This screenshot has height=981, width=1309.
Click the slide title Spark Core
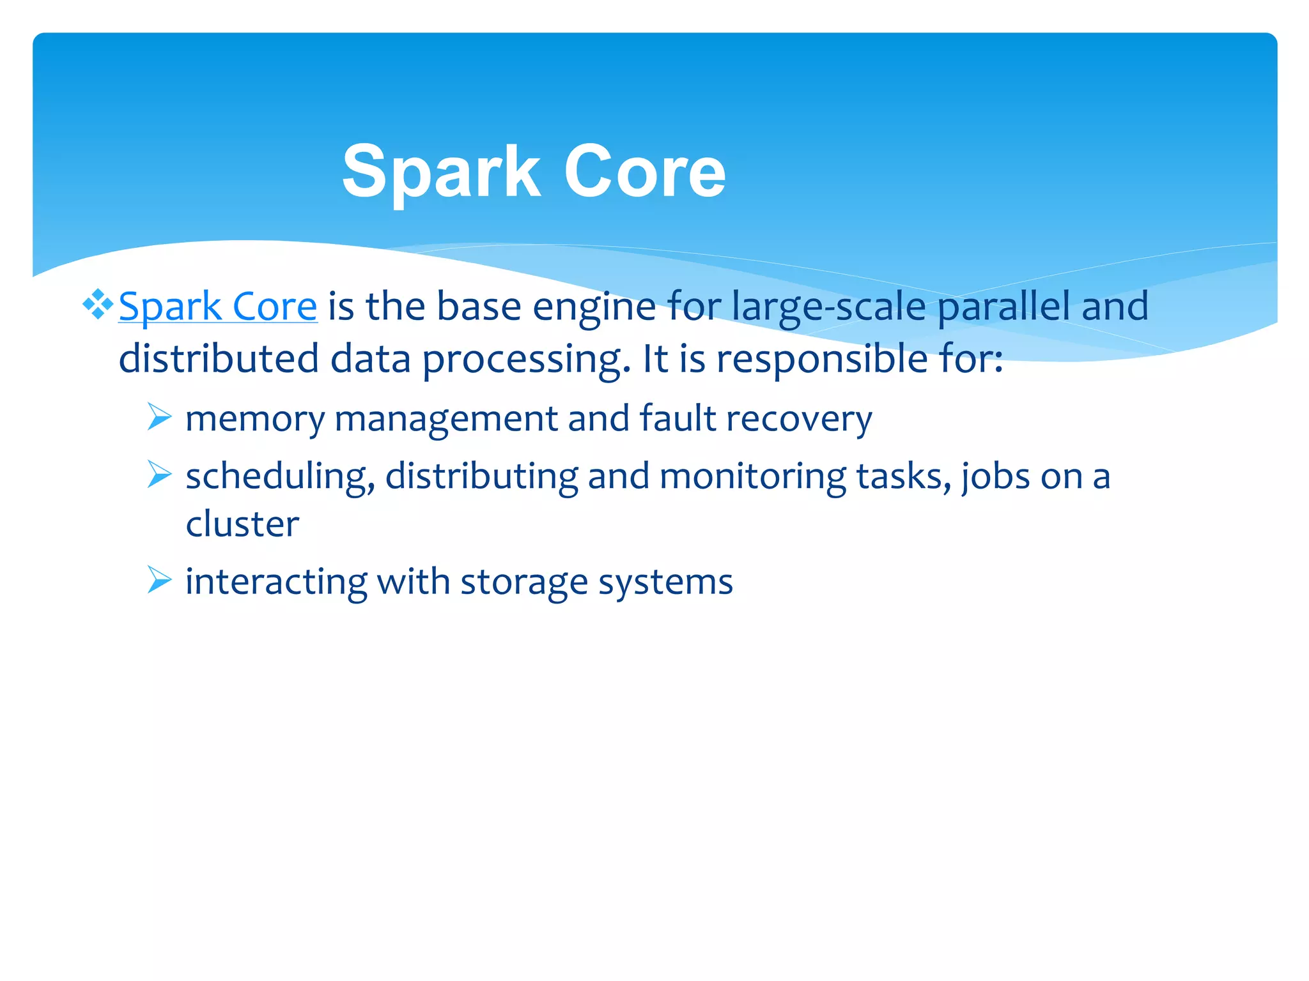[534, 171]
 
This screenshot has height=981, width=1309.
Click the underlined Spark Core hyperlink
[218, 307]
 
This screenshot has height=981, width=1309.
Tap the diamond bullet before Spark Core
[98, 304]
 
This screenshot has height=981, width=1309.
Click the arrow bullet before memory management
[159, 417]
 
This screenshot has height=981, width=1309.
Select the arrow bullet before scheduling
[159, 475]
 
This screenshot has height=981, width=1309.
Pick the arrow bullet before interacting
[159, 580]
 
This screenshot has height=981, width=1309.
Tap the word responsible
[821, 359]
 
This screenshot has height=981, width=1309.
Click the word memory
[254, 420]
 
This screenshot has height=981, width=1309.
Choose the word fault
[678, 418]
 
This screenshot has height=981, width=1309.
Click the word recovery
[799, 420]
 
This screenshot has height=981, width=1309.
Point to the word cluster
[242, 524]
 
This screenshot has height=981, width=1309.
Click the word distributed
[219, 359]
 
